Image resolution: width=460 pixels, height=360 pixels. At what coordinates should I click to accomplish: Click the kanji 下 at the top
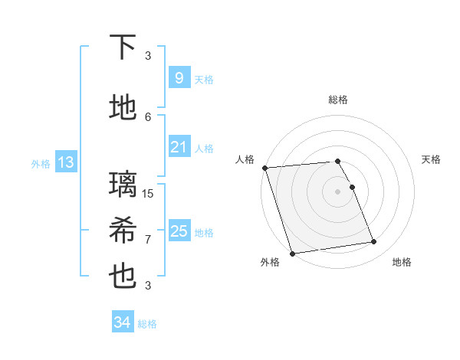click(x=123, y=47)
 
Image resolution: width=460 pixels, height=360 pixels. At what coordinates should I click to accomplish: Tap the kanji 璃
click(x=123, y=184)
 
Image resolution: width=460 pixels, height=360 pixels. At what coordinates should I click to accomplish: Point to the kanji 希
click(x=123, y=231)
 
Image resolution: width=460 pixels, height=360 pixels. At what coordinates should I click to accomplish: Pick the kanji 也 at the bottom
click(x=123, y=277)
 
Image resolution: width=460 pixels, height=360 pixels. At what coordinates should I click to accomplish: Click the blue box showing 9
click(x=179, y=77)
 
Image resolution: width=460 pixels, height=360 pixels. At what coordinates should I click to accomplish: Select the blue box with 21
click(x=179, y=146)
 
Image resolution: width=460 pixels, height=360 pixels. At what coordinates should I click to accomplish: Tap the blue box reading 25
click(x=179, y=231)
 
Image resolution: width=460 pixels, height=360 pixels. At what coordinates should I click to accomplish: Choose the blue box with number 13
click(x=65, y=162)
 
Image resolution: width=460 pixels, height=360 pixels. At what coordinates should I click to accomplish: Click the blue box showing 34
click(x=122, y=322)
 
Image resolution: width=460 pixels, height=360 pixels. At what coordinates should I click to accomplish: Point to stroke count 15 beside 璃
click(x=149, y=193)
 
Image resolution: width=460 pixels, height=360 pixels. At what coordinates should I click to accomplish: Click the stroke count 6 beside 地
click(x=148, y=116)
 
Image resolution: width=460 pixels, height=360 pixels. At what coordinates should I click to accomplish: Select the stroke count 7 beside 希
click(x=148, y=239)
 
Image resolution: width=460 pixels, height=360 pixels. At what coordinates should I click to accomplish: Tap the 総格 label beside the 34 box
click(x=147, y=324)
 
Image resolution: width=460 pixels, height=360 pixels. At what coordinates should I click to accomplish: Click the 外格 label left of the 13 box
click(x=41, y=163)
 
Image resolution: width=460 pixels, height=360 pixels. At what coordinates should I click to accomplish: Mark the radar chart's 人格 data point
click(x=264, y=168)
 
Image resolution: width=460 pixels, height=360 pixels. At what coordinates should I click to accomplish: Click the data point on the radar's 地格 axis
click(x=373, y=242)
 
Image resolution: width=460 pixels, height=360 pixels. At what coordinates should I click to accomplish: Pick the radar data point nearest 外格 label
click(x=292, y=253)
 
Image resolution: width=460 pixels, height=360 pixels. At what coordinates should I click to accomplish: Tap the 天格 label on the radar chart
click(x=431, y=159)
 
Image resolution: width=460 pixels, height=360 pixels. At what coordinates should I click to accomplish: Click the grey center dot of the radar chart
click(x=337, y=191)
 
